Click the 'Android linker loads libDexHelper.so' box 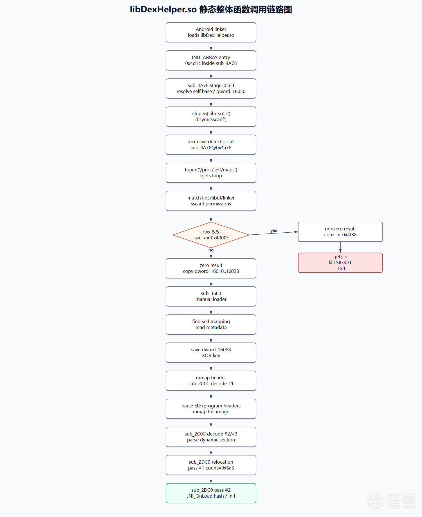[211, 32]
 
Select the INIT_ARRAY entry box [211, 60]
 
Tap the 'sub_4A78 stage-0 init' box [211, 89]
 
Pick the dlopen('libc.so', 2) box [211, 117]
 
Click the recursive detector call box [211, 145]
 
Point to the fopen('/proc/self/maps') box [211, 173]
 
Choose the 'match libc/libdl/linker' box [211, 201]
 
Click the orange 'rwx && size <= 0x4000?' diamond [211, 235]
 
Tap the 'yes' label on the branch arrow [274, 231]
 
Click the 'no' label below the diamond [211, 250]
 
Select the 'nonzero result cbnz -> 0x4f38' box [340, 232]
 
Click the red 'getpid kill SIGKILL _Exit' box [340, 263]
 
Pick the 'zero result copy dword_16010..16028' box [211, 268]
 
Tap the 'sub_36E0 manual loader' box [211, 296]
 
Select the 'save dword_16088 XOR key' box [211, 353]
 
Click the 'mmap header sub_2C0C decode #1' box [211, 381]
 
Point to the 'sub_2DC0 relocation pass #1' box [211, 465]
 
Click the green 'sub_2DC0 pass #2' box [211, 493]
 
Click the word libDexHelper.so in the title [163, 10]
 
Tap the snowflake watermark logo [376, 501]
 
